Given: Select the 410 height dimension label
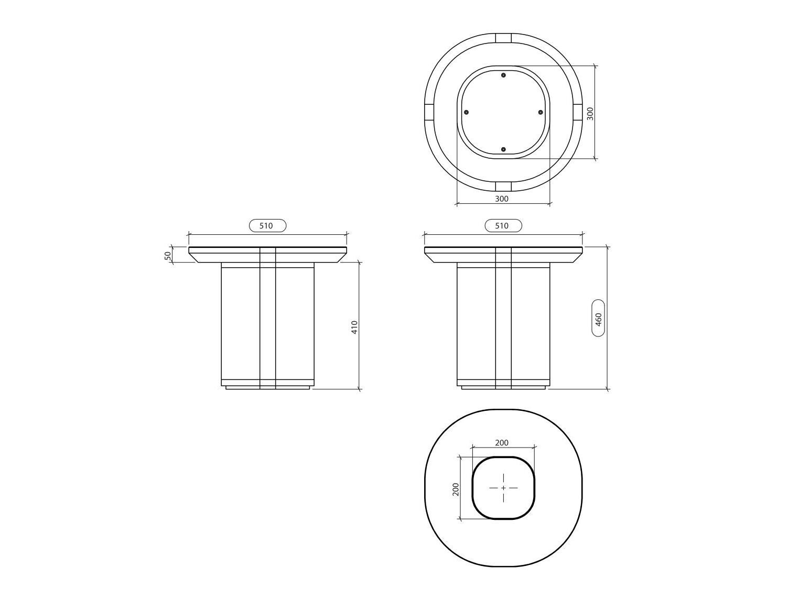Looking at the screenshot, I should pyautogui.click(x=354, y=327).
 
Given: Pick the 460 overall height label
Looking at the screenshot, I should pyautogui.click(x=598, y=318).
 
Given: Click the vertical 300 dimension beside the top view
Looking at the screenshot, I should pyautogui.click(x=590, y=113).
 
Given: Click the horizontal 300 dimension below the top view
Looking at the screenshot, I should pyautogui.click(x=502, y=199).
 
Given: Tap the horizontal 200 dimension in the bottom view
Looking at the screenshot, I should pyautogui.click(x=502, y=443).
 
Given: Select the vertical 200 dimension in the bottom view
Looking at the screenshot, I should pyautogui.click(x=456, y=489).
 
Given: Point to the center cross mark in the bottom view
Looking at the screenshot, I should pyautogui.click(x=503, y=488).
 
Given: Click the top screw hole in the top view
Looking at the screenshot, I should pyautogui.click(x=503, y=75).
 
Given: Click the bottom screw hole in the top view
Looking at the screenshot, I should pyautogui.click(x=503, y=149).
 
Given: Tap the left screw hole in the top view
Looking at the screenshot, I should pyautogui.click(x=466, y=112).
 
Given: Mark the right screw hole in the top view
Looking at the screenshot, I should pyautogui.click(x=541, y=112).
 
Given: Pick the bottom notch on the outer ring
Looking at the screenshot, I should pyautogui.click(x=503, y=187).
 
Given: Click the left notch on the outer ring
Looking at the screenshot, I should pyautogui.click(x=428, y=112).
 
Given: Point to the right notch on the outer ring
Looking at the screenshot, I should pyautogui.click(x=578, y=112).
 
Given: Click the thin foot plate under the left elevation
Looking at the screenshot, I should pyautogui.click(x=267, y=388).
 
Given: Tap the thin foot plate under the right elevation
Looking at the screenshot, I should pyautogui.click(x=503, y=388).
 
